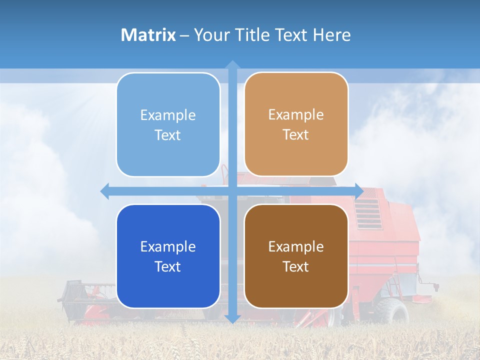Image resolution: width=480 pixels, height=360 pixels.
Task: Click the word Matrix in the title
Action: coord(148,35)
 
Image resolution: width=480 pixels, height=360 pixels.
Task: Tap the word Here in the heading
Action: coord(331,35)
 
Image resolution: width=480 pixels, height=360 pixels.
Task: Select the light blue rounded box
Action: coord(168,125)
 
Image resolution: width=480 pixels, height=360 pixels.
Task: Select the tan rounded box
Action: coord(296,124)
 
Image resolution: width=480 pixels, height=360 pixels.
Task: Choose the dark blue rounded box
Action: coord(168,256)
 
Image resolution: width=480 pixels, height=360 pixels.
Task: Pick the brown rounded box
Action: coord(296,256)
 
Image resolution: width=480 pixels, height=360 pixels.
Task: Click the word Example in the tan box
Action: coord(296,115)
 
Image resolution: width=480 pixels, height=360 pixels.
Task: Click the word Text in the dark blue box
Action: coord(168,267)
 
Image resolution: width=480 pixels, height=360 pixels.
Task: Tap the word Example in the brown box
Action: coord(296,246)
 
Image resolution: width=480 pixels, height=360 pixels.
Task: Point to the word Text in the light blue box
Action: coord(168,135)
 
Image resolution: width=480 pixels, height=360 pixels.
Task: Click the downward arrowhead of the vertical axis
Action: coord(232,318)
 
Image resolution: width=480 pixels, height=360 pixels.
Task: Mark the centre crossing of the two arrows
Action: coord(232,191)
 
